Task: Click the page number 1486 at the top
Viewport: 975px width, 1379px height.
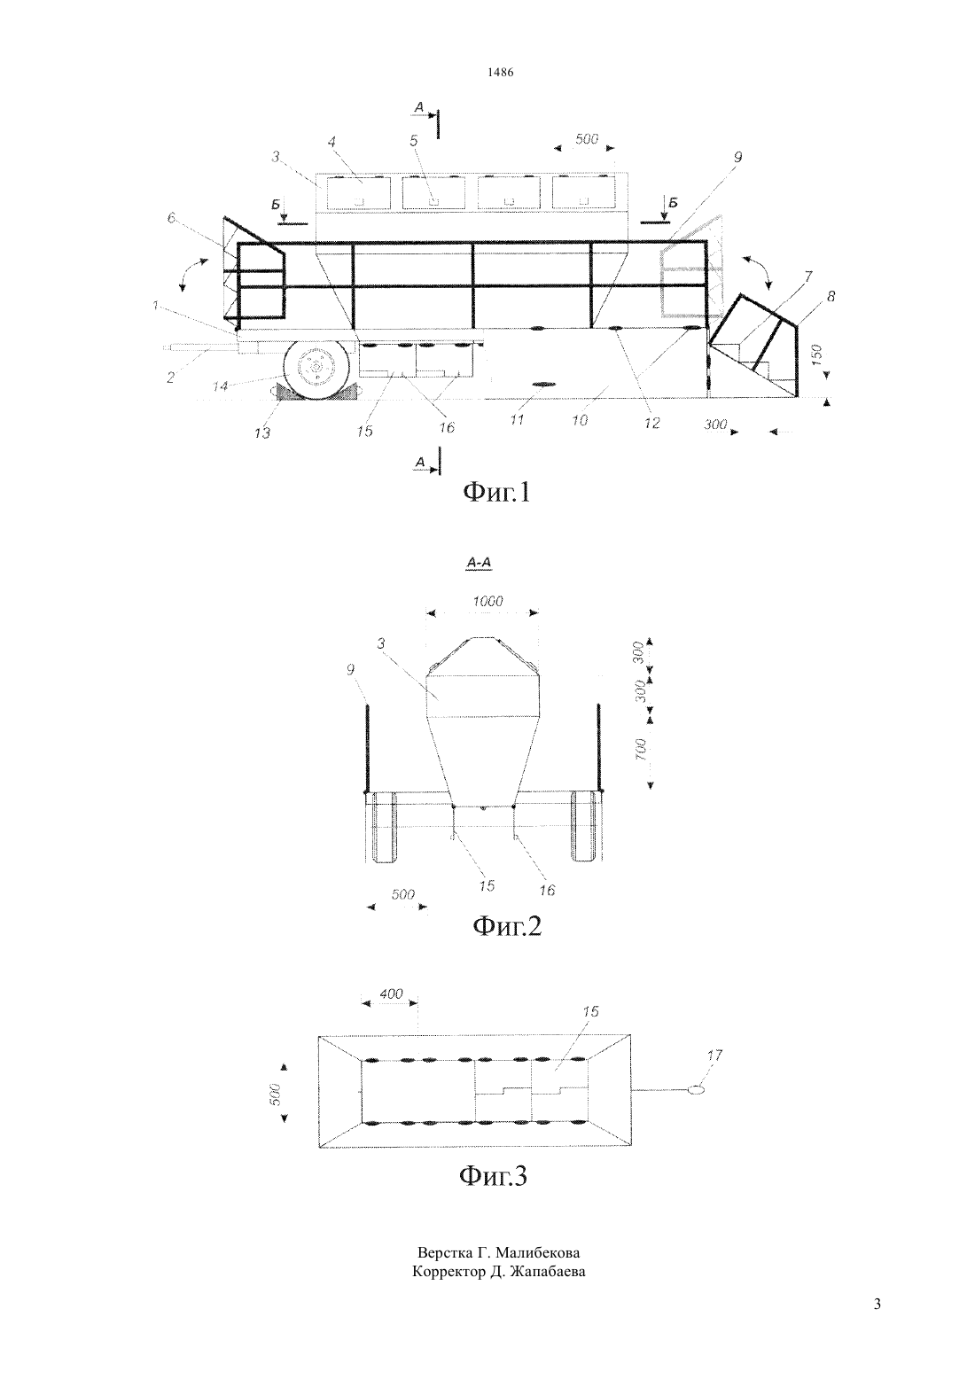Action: point(500,73)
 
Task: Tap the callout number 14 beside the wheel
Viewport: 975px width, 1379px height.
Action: point(221,386)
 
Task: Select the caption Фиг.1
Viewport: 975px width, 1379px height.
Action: point(495,492)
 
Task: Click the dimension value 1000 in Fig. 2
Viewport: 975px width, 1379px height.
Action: point(488,602)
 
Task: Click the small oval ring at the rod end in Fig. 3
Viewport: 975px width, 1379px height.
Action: point(696,1090)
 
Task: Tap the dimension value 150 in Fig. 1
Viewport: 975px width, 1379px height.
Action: point(817,356)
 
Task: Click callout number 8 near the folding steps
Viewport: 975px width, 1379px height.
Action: point(831,297)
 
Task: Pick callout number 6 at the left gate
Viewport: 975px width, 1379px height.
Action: point(171,217)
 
